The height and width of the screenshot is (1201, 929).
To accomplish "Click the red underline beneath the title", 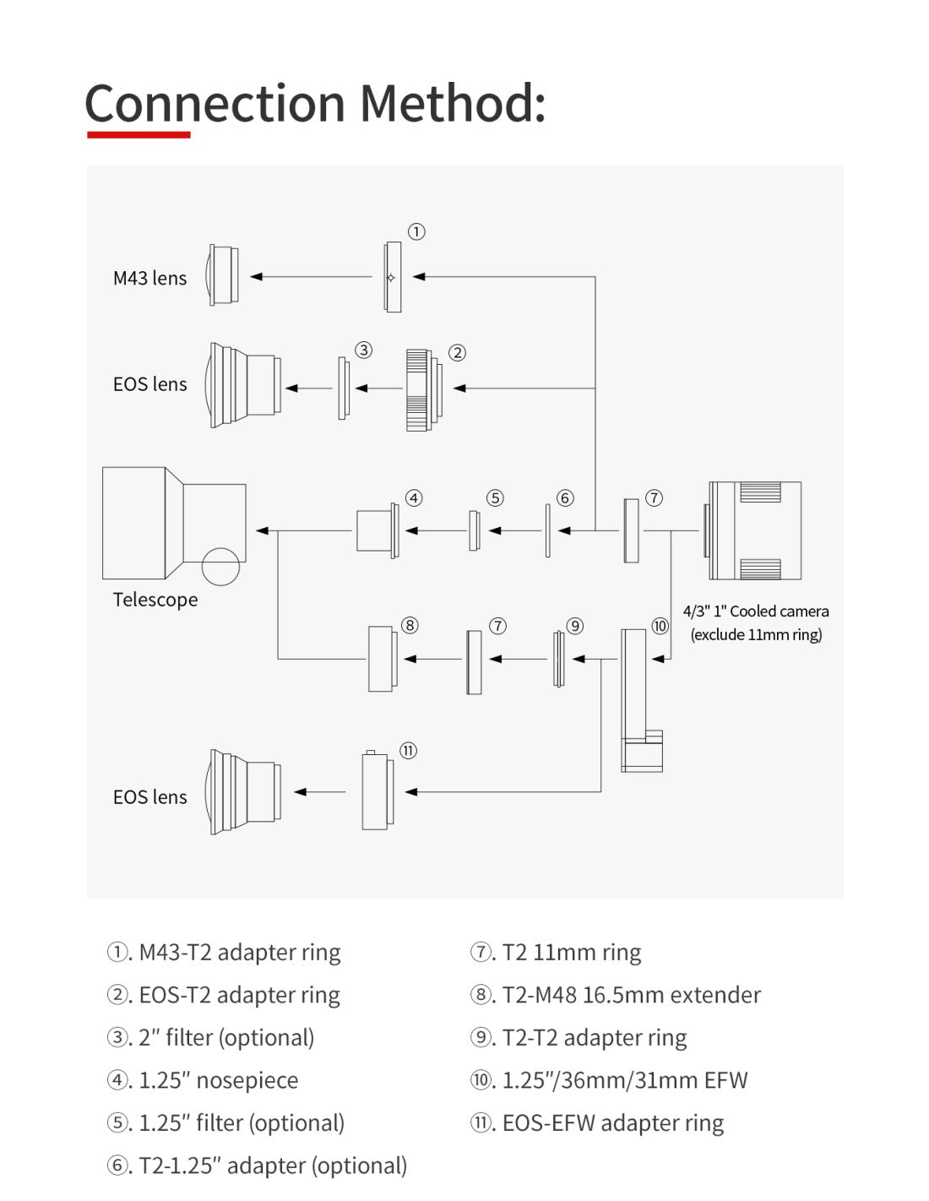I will pyautogui.click(x=139, y=134).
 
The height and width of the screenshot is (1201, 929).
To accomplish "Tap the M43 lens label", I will pyautogui.click(x=149, y=278).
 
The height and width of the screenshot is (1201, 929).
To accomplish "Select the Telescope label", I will pyautogui.click(x=155, y=600).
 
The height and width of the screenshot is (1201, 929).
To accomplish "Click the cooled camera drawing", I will pyautogui.click(x=754, y=530).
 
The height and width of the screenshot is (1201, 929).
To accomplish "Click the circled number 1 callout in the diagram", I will pyautogui.click(x=416, y=231).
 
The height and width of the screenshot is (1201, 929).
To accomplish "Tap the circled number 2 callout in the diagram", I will pyautogui.click(x=457, y=353).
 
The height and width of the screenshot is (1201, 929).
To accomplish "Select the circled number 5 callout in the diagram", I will pyautogui.click(x=495, y=498).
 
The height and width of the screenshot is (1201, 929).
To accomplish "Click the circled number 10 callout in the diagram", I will pyautogui.click(x=660, y=626).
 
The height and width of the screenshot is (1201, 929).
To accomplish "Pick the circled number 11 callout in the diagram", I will pyautogui.click(x=408, y=751).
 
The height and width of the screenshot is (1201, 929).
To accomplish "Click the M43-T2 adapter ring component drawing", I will pyautogui.click(x=392, y=277).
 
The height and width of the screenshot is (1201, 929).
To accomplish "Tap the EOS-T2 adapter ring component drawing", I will pyautogui.click(x=422, y=389).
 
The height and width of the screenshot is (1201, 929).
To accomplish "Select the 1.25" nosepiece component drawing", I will pyautogui.click(x=377, y=530).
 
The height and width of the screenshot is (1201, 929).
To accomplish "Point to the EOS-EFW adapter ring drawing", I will pyautogui.click(x=377, y=791).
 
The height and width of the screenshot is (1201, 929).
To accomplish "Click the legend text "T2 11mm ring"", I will pyautogui.click(x=571, y=953).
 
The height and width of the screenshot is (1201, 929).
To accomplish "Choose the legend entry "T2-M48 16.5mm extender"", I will pyautogui.click(x=631, y=995).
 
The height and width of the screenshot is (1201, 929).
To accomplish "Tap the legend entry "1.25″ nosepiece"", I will pyautogui.click(x=218, y=1080).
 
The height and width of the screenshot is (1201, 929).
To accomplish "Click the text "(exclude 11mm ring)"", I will pyautogui.click(x=756, y=634).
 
